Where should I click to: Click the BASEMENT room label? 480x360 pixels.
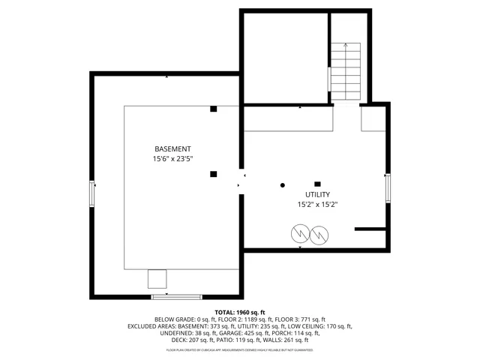tap(172, 148)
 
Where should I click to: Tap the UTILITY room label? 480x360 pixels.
tap(317, 194)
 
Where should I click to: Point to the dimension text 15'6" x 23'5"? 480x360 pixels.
tap(172, 159)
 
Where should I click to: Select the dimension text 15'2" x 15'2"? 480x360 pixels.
tap(317, 204)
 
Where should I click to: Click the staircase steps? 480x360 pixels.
tap(345, 72)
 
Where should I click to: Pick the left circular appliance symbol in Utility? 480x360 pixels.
tap(299, 235)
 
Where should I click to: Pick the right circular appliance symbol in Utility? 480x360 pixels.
tap(319, 235)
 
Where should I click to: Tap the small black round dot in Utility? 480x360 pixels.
tap(283, 184)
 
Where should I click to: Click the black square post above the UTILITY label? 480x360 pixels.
tap(317, 184)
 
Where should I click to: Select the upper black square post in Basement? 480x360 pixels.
tap(214, 109)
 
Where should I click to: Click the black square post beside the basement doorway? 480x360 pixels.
tap(214, 174)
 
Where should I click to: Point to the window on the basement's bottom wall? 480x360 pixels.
tap(176, 297)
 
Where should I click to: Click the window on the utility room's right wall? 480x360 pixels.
tap(388, 187)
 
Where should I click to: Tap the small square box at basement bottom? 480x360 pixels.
tap(157, 278)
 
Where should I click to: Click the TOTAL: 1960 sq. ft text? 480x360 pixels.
tap(241, 312)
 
